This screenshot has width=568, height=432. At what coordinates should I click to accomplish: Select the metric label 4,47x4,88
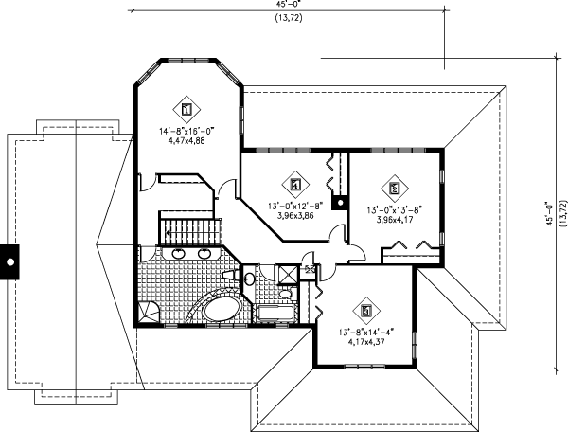click(184, 139)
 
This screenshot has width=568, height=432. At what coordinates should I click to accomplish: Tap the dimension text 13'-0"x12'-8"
click(296, 206)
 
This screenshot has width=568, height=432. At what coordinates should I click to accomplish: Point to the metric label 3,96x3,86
click(295, 216)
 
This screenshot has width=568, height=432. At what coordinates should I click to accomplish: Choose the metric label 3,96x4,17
click(394, 220)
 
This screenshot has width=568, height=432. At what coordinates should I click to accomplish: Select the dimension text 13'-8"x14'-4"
click(365, 332)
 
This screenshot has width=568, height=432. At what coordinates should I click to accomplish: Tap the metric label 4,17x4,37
click(364, 342)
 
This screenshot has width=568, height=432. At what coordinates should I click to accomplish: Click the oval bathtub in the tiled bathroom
click(220, 312)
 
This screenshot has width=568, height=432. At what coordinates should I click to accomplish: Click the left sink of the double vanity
click(178, 254)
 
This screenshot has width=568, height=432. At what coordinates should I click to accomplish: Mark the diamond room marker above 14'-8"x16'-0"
click(186, 106)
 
